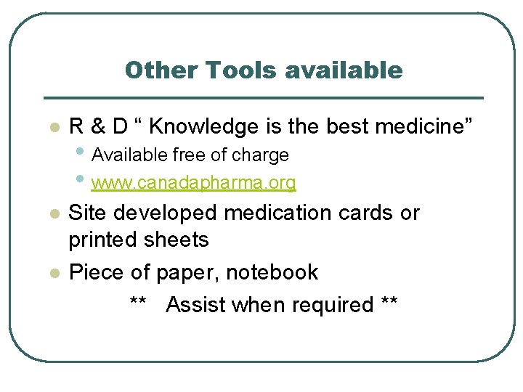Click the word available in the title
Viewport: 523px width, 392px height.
pos(344,70)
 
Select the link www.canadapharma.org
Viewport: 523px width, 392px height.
pos(194,183)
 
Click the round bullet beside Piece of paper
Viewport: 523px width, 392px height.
pos(52,274)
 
